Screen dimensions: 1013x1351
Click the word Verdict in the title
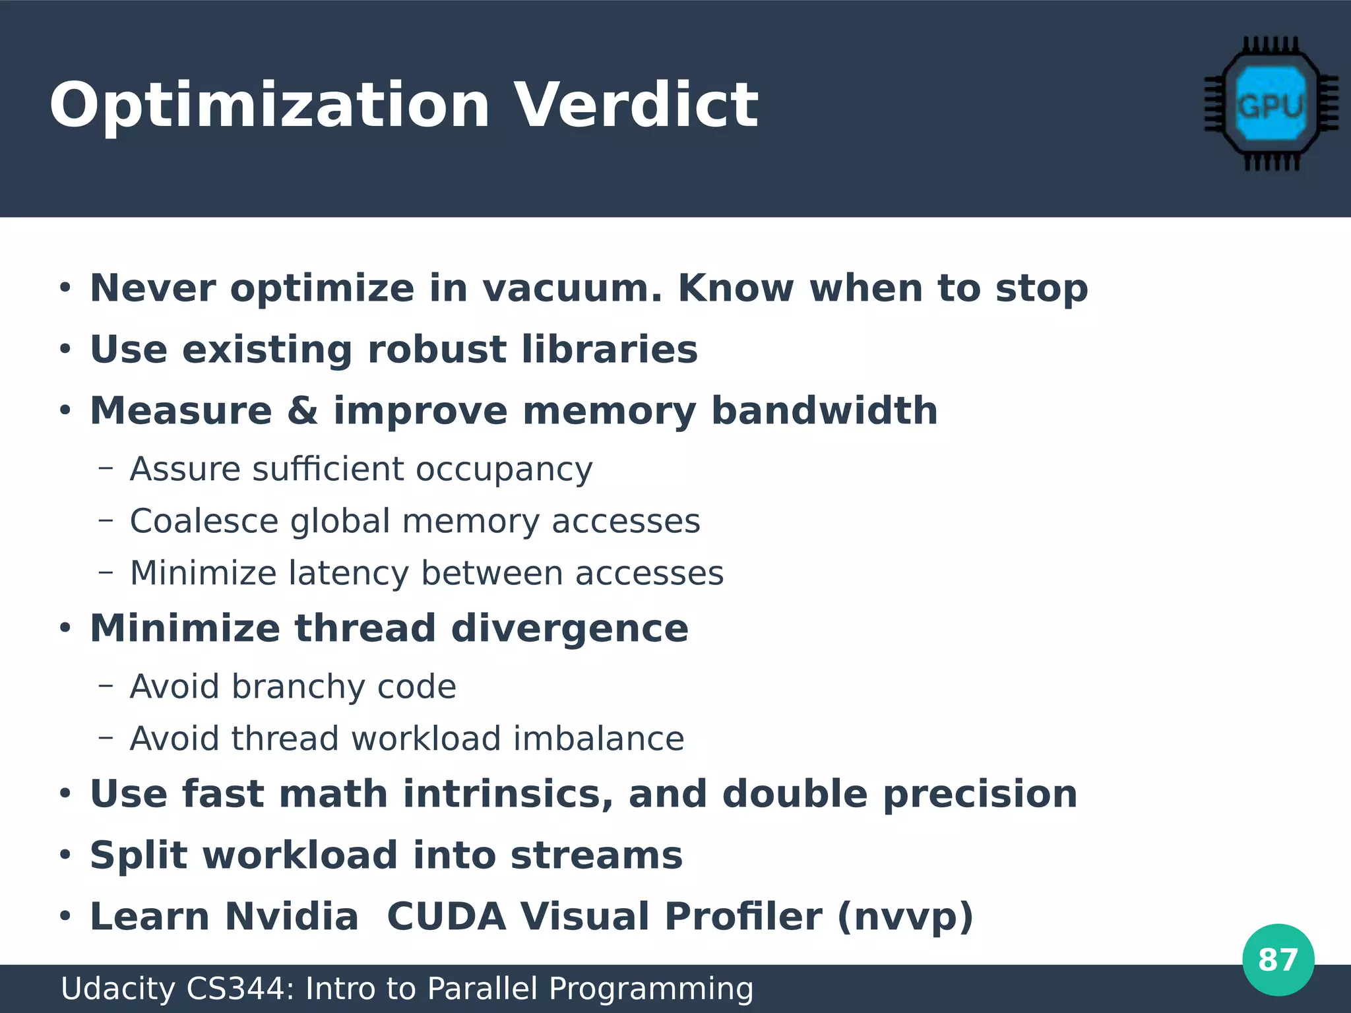636,106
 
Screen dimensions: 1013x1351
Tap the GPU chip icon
1271,104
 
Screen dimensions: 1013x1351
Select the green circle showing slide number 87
1278,960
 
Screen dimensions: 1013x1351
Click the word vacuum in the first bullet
571,289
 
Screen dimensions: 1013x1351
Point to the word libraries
610,350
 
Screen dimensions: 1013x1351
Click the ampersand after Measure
303,411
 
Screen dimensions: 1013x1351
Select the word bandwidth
825,411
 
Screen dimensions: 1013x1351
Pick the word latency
349,573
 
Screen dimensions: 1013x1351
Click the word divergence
569,629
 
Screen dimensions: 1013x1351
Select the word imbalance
598,739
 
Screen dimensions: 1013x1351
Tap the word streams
596,856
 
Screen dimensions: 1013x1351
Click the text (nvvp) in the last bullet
905,917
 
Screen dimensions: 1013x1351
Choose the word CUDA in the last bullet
446,917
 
